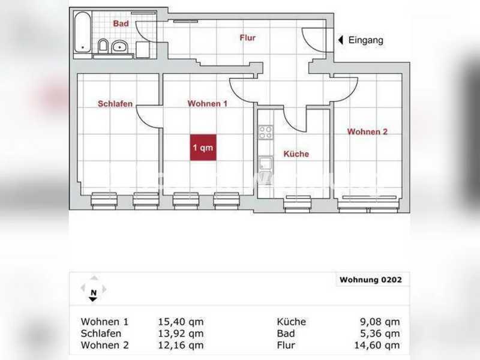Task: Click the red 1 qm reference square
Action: tap(203, 147)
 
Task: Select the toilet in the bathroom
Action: tap(103, 46)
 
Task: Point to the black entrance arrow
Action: tap(340, 40)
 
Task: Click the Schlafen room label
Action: tap(115, 104)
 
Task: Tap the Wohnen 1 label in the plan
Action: tap(208, 104)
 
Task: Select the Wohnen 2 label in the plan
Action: tap(367, 132)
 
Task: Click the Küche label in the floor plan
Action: tap(296, 154)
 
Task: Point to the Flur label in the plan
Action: tap(247, 38)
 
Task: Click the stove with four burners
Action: tap(265, 132)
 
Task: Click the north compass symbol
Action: tap(93, 290)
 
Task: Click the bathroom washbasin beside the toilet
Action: tap(120, 46)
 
